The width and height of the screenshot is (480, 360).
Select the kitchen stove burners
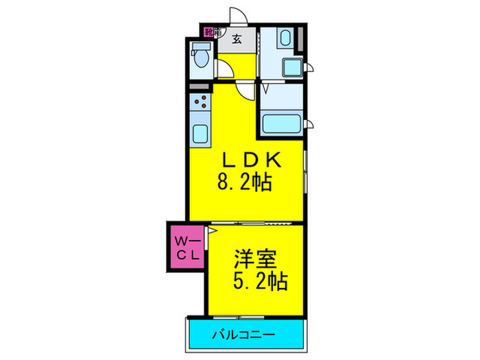(x=202, y=104)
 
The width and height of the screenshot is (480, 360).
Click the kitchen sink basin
(x=202, y=133)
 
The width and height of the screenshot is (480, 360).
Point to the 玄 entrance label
(x=236, y=40)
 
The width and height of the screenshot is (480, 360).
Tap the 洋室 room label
(x=255, y=259)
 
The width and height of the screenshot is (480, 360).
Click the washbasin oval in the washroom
(x=286, y=38)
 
